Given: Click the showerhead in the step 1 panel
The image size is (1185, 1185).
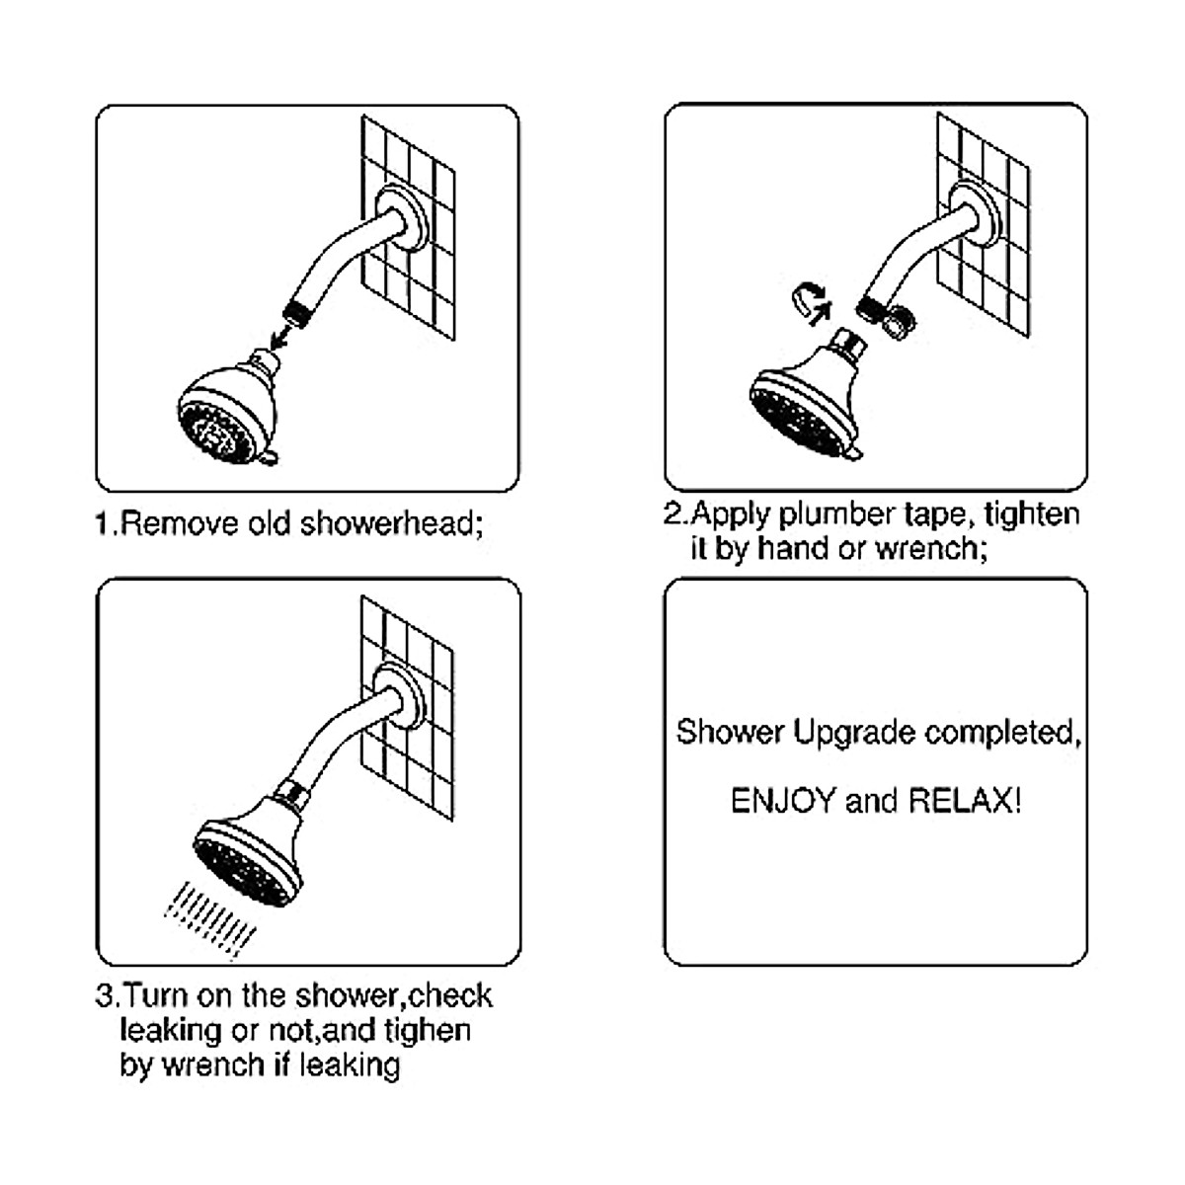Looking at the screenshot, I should pos(228,411).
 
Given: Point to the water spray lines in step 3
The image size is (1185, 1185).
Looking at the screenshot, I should pos(207,918).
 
